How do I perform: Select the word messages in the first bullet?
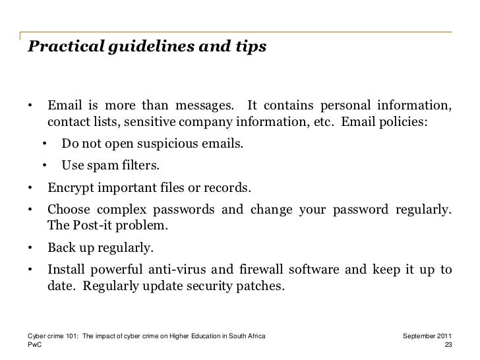pyautogui.click(x=202, y=107)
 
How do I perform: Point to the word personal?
pyautogui.click(x=347, y=107)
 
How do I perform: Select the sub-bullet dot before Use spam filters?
pyautogui.click(x=45, y=164)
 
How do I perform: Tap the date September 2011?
pyautogui.click(x=427, y=336)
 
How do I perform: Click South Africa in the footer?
pyautogui.click(x=247, y=336)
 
